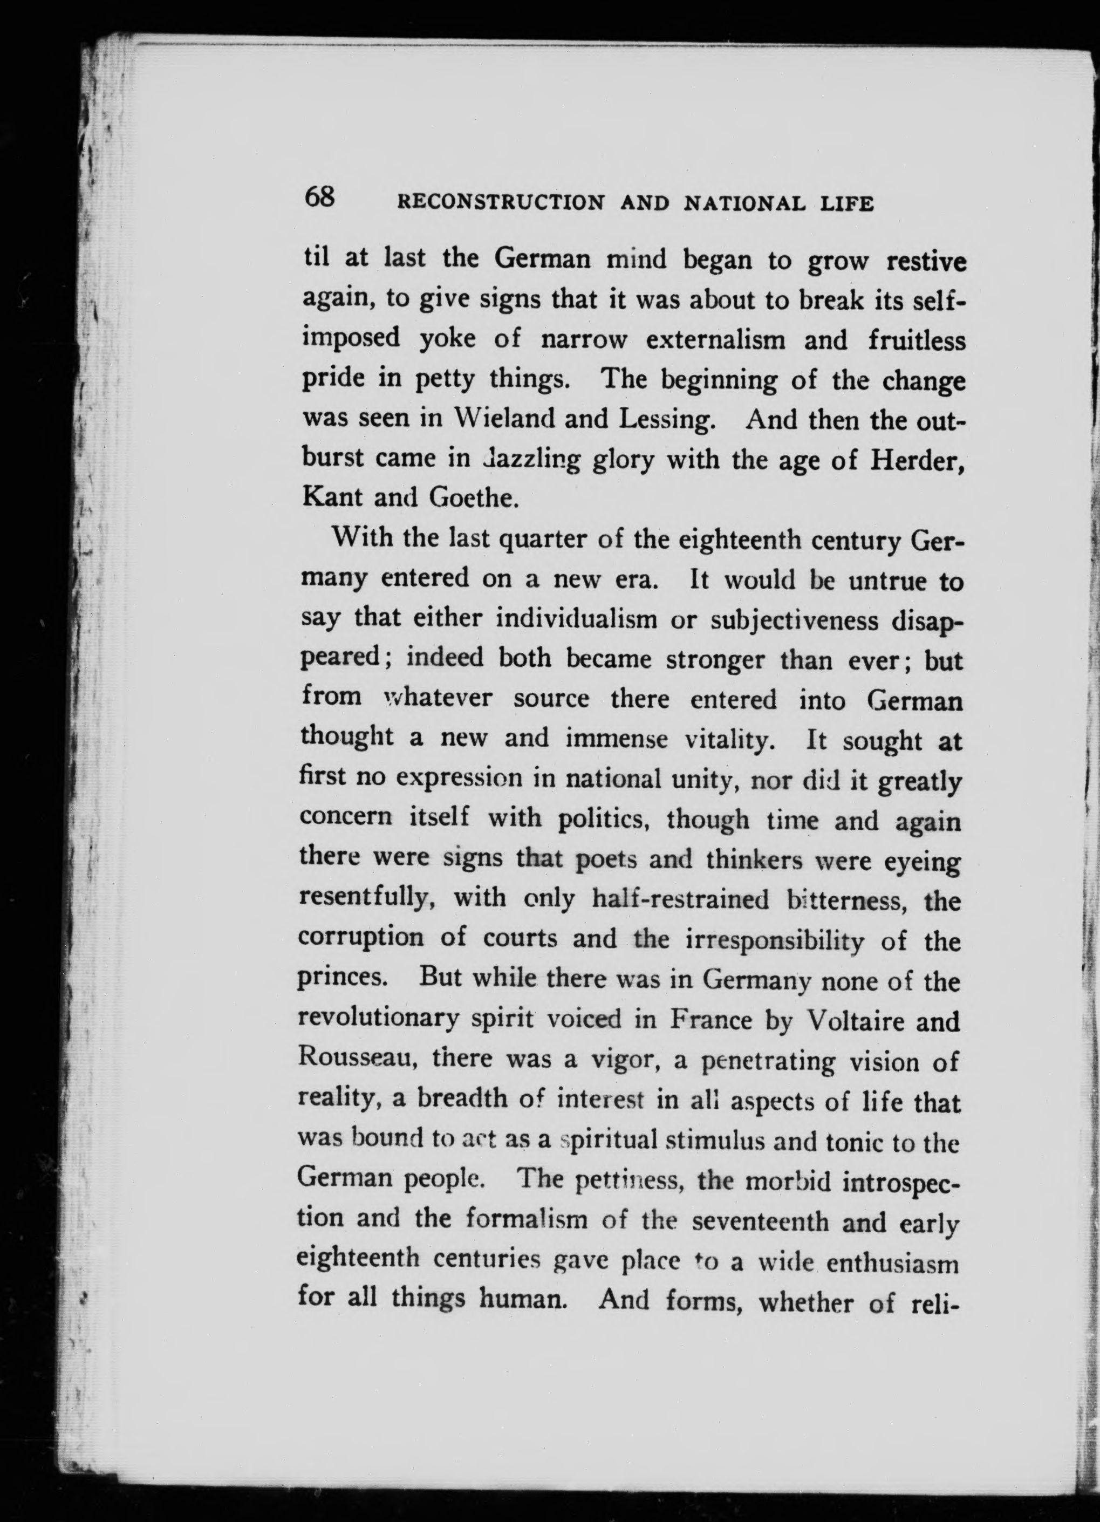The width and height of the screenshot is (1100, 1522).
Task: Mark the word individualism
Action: point(577,619)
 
